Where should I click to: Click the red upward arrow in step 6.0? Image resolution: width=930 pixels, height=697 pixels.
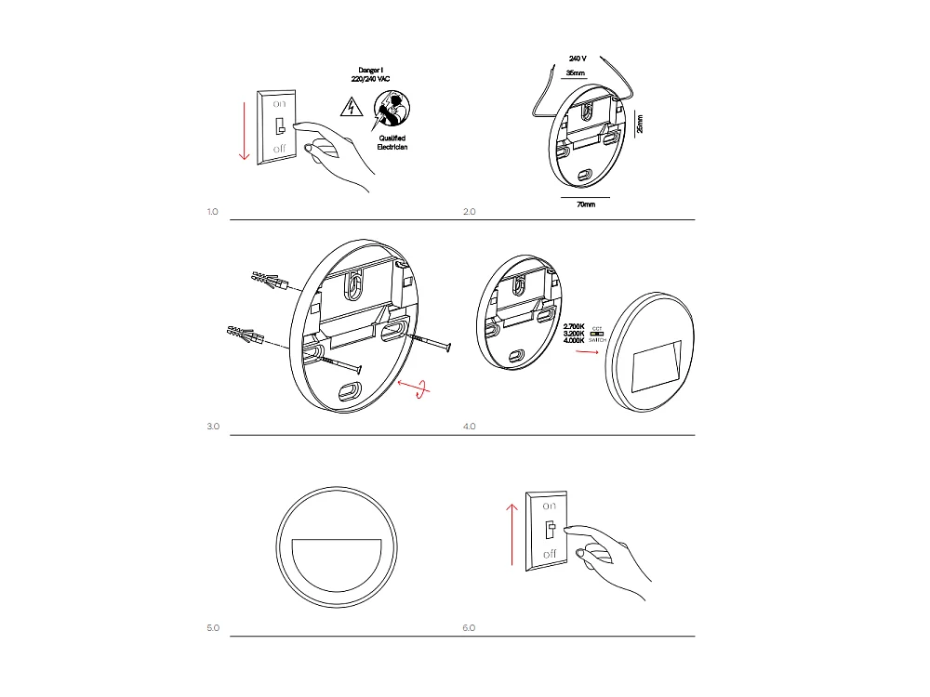[511, 533]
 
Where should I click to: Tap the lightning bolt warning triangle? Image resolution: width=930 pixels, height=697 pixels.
[351, 110]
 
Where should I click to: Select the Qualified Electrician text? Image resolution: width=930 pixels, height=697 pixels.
[392, 142]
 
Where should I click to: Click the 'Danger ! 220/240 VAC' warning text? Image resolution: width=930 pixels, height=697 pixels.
[371, 74]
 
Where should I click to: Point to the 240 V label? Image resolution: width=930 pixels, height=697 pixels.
[578, 59]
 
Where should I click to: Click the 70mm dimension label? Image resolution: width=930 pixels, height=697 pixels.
[586, 204]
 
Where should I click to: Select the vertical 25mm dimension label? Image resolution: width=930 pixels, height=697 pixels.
[639, 124]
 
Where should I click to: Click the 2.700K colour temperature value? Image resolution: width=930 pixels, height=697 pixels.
[574, 326]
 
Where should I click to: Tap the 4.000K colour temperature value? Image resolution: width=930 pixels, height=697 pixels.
[574, 341]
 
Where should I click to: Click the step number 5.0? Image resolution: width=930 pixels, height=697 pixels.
[212, 629]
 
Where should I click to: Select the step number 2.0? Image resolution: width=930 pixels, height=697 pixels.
[469, 212]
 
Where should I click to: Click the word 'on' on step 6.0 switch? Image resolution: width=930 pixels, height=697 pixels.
[549, 506]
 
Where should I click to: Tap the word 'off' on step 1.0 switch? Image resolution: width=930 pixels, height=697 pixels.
[279, 149]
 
